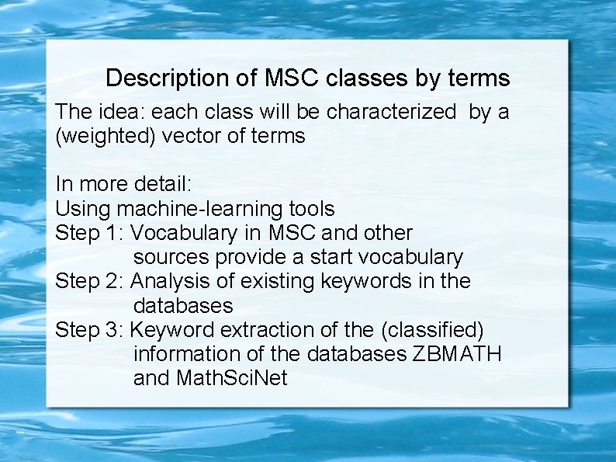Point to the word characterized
[391, 112]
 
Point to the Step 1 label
[90, 233]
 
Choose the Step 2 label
[90, 281]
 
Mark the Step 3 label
[90, 329]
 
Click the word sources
[171, 257]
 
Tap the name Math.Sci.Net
[231, 378]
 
